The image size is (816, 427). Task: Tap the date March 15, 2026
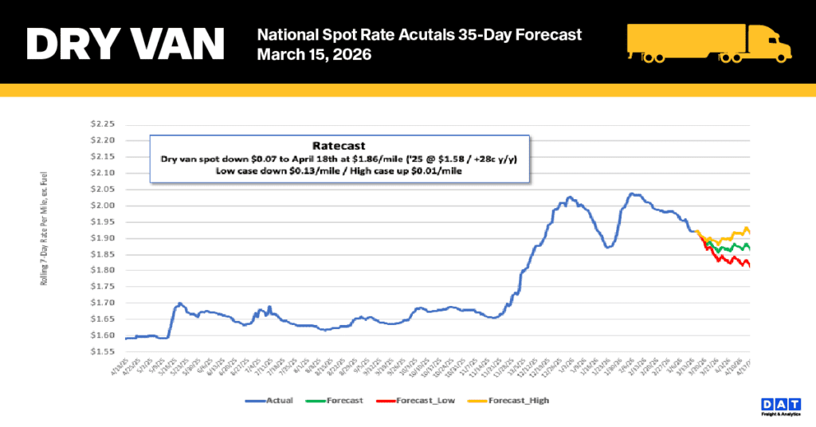click(314, 57)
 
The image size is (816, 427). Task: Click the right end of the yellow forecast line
click(750, 233)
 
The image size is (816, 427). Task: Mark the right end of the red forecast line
click(750, 266)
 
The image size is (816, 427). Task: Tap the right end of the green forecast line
click(750, 248)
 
